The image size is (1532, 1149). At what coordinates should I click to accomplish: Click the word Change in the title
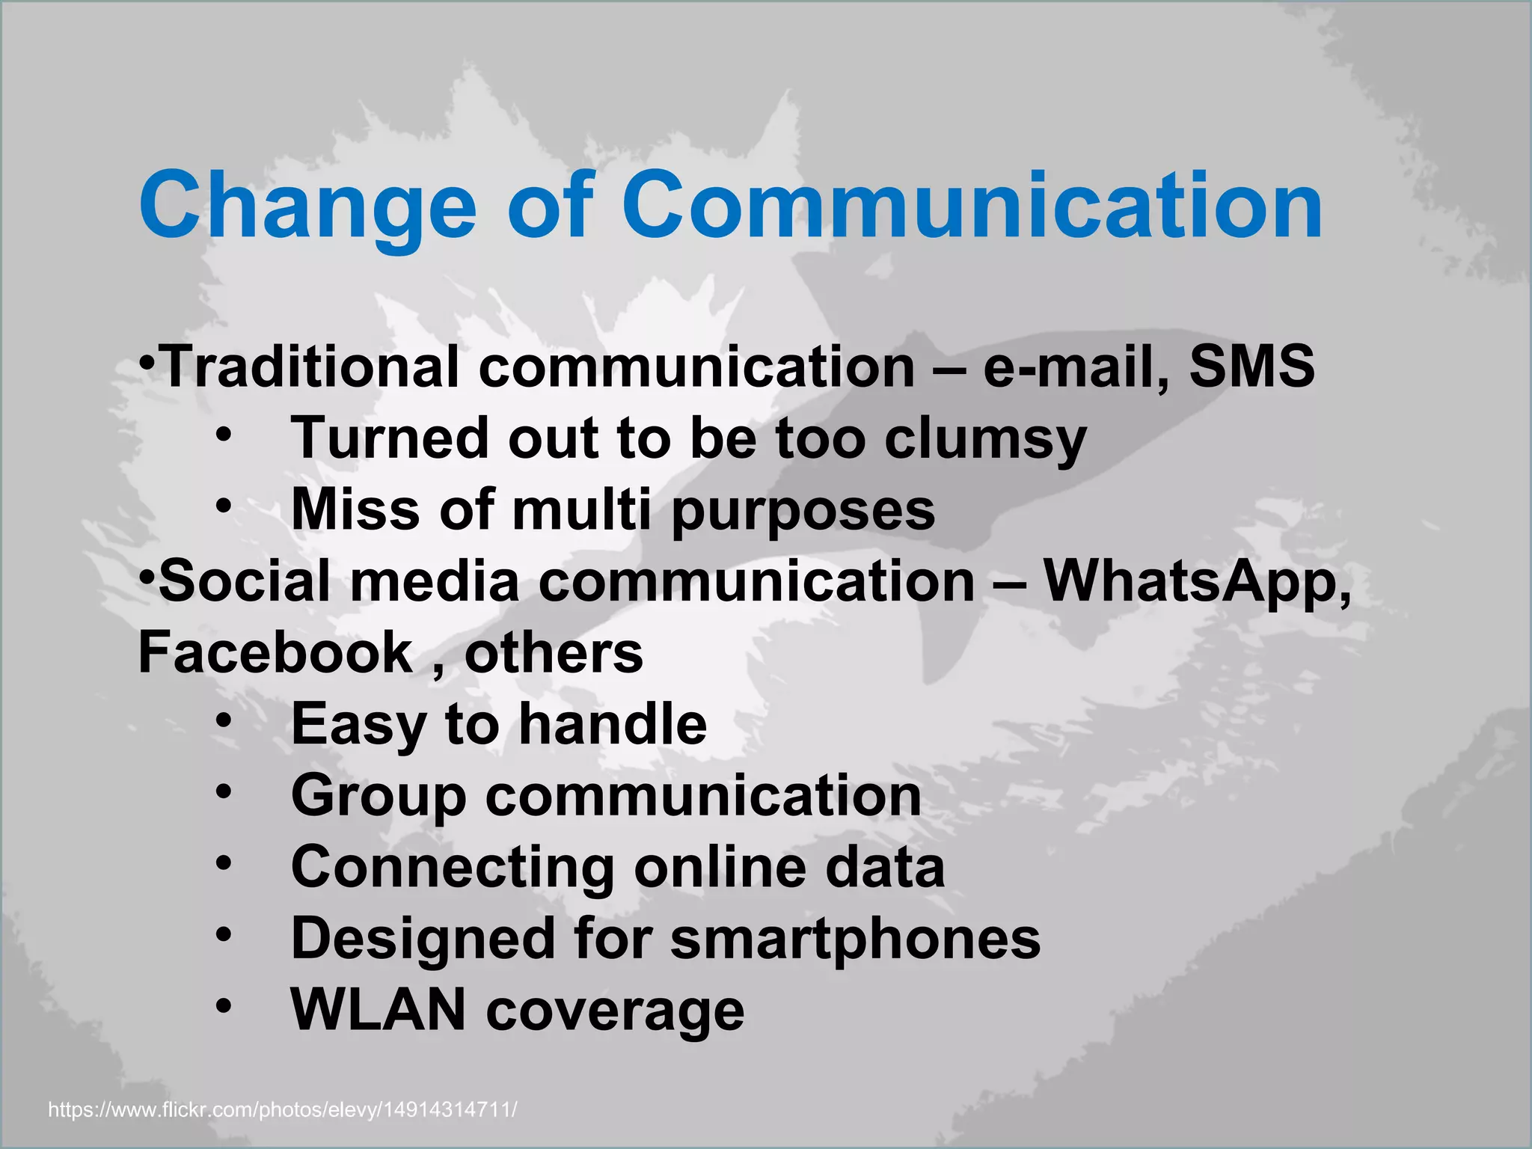coord(307,206)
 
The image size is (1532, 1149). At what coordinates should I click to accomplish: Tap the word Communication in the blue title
coord(972,206)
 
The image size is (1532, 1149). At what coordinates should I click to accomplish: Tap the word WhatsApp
coord(1198,581)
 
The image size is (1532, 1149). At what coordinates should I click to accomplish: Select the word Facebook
coord(275,652)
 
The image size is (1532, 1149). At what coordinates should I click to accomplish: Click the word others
coord(554,652)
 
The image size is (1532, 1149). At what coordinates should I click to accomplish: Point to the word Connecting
coord(453,868)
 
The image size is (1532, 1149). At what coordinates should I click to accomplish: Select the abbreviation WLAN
coord(379,1010)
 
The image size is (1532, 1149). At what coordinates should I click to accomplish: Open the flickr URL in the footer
coord(282,1109)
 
